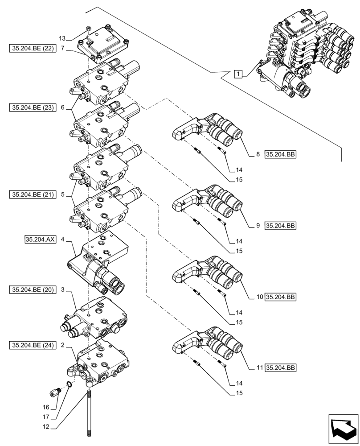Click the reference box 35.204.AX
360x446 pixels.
(41, 240)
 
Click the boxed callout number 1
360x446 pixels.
(239, 74)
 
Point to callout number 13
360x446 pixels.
(62, 38)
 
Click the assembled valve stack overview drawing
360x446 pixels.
(303, 54)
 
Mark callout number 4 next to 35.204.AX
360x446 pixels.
(63, 240)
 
